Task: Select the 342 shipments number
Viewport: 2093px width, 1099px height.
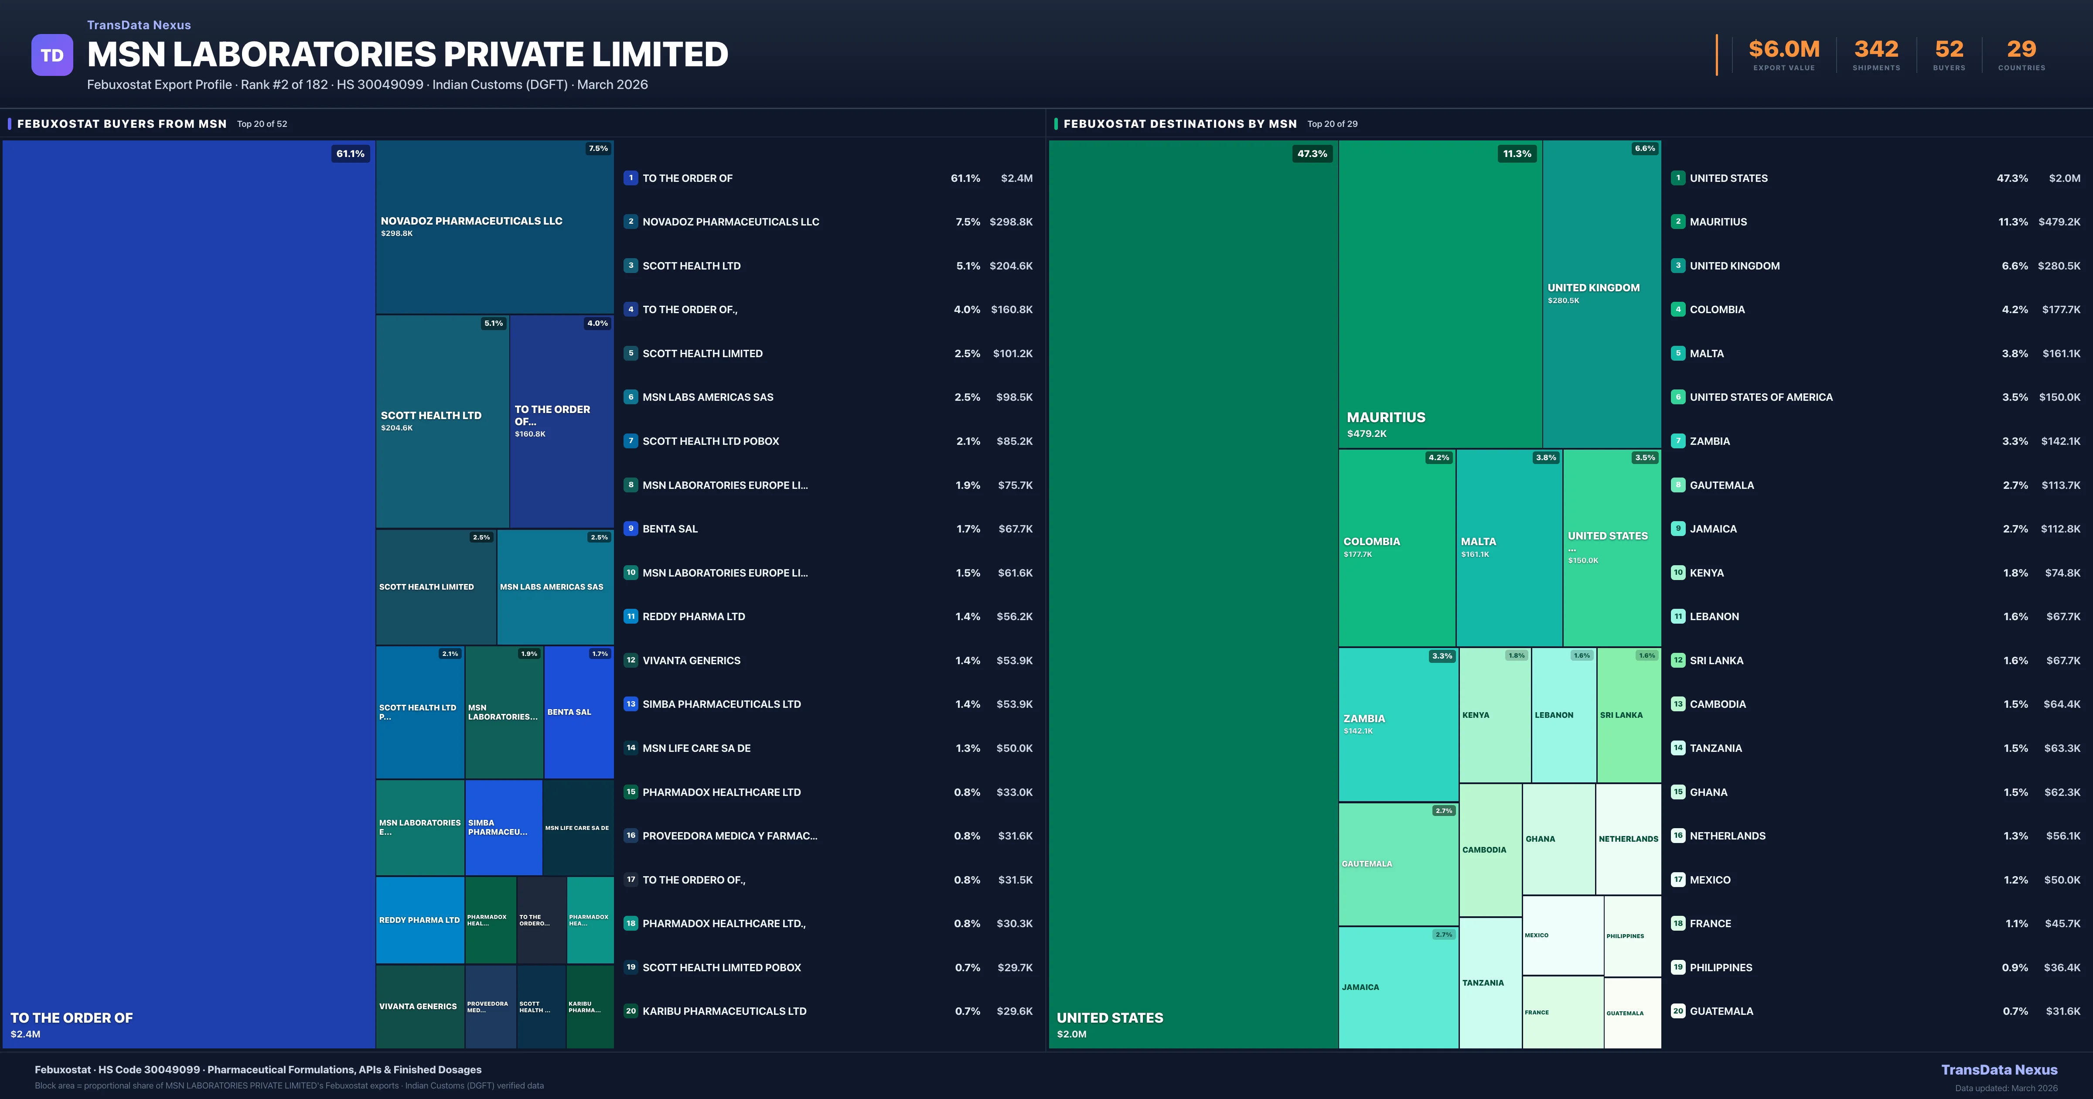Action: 1876,50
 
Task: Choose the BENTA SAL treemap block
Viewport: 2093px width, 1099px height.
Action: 579,712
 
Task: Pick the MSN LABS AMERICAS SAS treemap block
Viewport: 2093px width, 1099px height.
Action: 555,587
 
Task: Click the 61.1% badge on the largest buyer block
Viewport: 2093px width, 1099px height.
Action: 350,154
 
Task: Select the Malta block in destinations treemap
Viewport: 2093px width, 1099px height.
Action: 1509,547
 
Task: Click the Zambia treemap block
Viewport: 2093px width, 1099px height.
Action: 1398,724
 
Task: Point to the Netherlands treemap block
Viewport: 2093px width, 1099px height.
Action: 1628,839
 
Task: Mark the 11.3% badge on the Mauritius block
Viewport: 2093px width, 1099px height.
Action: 1516,154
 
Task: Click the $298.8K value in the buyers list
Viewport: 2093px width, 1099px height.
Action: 1011,222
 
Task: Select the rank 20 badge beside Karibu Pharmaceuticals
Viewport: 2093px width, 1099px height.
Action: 631,1011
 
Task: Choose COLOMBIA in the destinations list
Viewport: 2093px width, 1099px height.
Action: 1717,310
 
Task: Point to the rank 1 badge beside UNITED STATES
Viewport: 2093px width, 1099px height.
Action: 1678,178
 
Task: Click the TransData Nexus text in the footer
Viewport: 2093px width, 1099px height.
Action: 1999,1070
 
